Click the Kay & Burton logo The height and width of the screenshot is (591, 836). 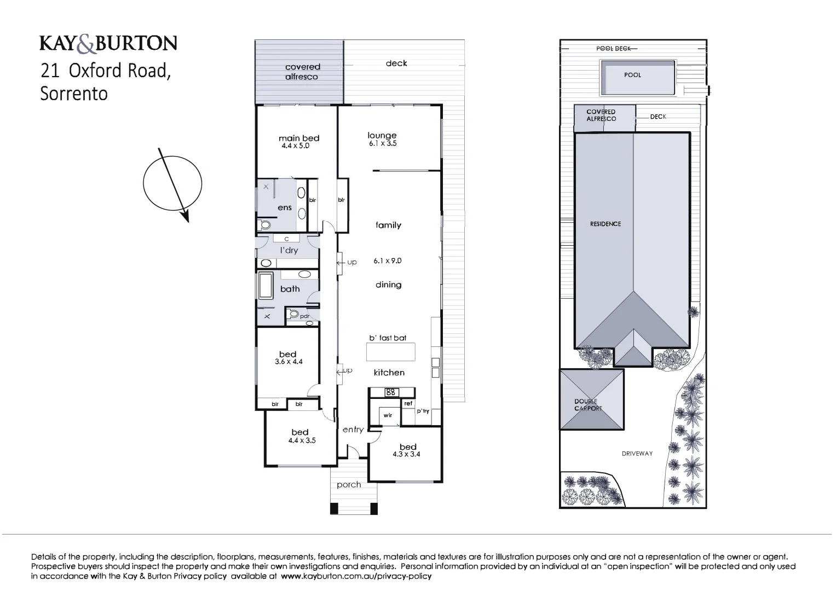tap(108, 43)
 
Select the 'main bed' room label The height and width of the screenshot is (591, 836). tap(298, 138)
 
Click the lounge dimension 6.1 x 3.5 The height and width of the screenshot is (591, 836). tap(383, 144)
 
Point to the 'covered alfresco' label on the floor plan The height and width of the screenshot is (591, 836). tap(302, 72)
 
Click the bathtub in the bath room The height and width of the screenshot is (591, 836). tap(266, 286)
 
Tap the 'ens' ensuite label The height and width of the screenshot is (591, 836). tap(285, 208)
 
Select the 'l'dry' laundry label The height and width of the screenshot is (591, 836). tap(289, 251)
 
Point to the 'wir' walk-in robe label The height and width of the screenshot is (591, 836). tap(388, 415)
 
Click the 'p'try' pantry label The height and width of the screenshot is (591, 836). tap(423, 411)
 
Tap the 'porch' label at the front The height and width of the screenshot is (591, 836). tap(349, 485)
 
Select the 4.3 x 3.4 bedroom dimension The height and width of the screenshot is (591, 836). tap(406, 454)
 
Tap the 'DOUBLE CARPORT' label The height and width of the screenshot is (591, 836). tap(588, 405)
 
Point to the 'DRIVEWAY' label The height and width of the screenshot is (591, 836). tap(637, 454)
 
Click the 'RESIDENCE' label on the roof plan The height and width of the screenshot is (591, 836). tap(606, 224)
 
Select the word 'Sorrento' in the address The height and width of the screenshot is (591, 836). tap(74, 94)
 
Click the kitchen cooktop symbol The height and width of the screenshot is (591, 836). tap(391, 392)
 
